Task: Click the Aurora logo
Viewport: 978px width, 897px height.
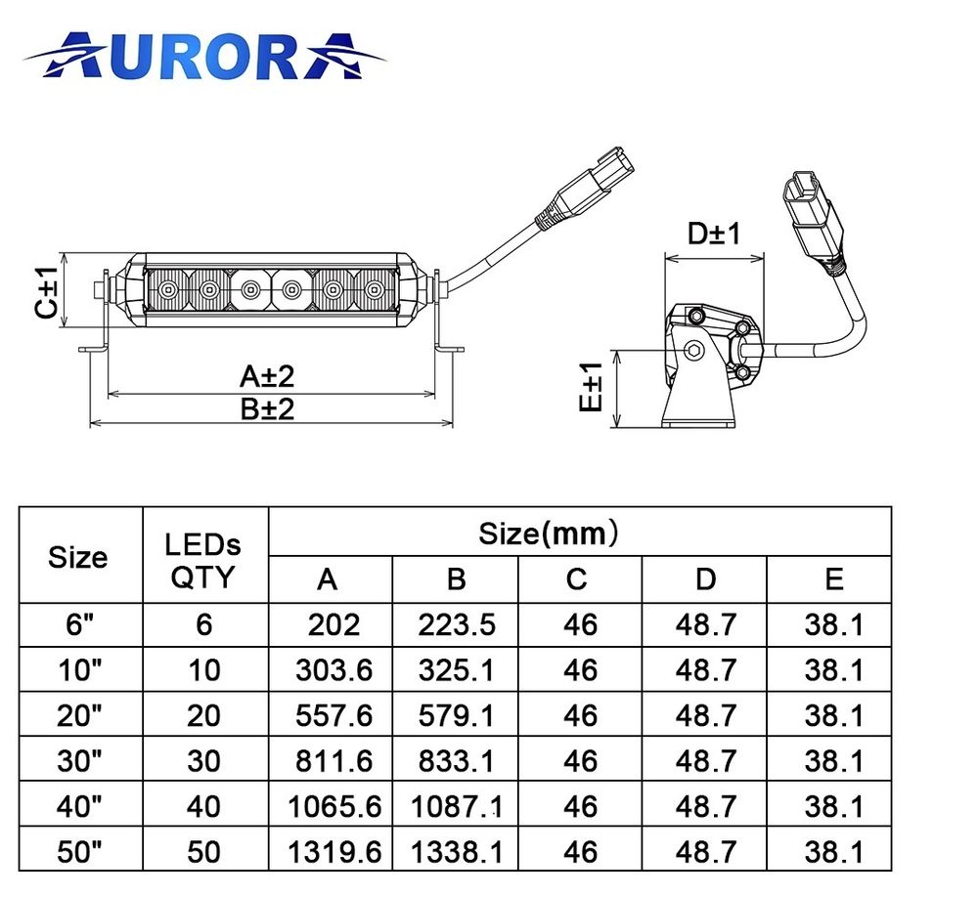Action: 205,56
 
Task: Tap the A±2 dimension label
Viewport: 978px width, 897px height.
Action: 267,376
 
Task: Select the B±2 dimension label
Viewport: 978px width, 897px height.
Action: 267,408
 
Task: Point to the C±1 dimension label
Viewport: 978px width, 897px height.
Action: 45,291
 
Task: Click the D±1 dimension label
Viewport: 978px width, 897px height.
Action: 713,235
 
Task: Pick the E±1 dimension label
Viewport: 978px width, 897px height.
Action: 589,388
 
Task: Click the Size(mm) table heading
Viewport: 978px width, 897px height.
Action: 549,534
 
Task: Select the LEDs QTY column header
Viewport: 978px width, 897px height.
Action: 203,561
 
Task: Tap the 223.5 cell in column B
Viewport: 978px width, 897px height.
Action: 457,624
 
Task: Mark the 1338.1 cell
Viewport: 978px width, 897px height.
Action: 457,852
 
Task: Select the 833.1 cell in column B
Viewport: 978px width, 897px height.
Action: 457,761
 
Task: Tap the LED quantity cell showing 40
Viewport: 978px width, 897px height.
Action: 203,807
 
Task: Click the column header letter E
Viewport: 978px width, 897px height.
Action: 833,579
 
